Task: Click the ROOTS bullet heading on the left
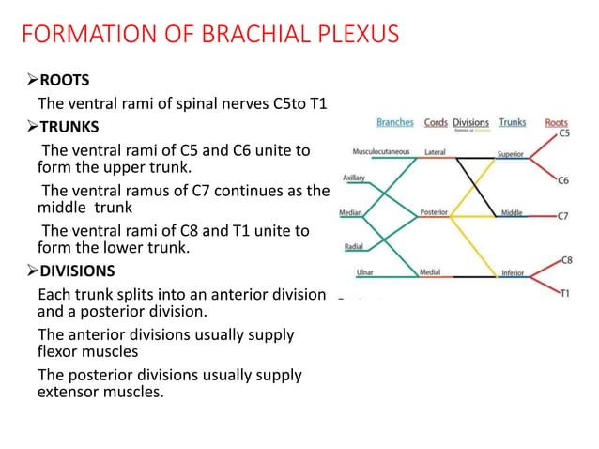[x=63, y=80]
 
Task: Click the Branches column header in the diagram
[x=394, y=122]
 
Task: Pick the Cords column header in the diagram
[x=436, y=122]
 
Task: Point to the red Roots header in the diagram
[x=556, y=122]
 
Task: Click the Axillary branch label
[x=354, y=177]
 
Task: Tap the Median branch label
[x=352, y=212]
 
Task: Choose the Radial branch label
[x=355, y=248]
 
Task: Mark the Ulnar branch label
[x=367, y=273]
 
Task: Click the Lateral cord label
[x=435, y=151]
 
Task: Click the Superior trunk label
[x=511, y=151]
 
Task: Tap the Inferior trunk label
[x=512, y=273]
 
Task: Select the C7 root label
[x=562, y=215]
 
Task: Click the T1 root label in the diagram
[x=563, y=293]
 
